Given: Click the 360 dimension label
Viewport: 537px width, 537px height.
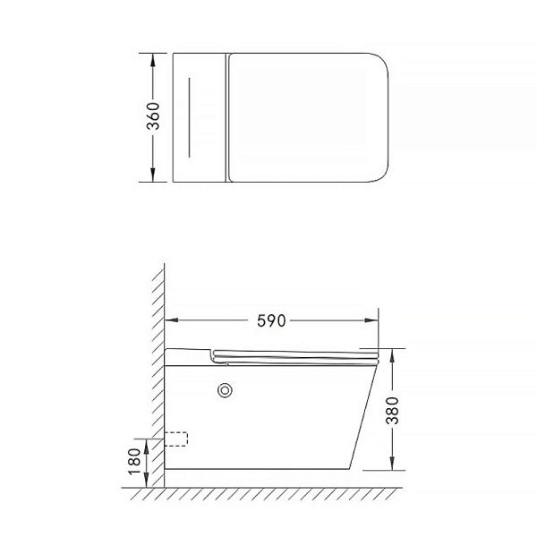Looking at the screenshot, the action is click(x=153, y=116).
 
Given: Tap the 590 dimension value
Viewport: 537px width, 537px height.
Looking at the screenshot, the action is click(x=271, y=321).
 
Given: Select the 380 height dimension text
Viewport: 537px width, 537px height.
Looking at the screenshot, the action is click(x=393, y=411).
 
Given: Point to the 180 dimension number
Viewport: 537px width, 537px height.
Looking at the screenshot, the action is click(x=134, y=461).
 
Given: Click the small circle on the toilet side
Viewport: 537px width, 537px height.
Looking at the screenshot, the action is click(x=225, y=390).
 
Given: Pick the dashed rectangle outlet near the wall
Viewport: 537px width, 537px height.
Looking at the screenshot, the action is click(x=176, y=439).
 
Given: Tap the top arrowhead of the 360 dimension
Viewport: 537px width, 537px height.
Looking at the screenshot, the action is click(x=153, y=60).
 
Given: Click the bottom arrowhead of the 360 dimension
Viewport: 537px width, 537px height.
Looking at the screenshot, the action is click(x=153, y=175).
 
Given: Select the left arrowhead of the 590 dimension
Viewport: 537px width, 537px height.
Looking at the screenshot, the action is click(x=171, y=320).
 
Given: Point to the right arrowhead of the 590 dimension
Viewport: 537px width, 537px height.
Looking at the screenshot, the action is click(x=372, y=320).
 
